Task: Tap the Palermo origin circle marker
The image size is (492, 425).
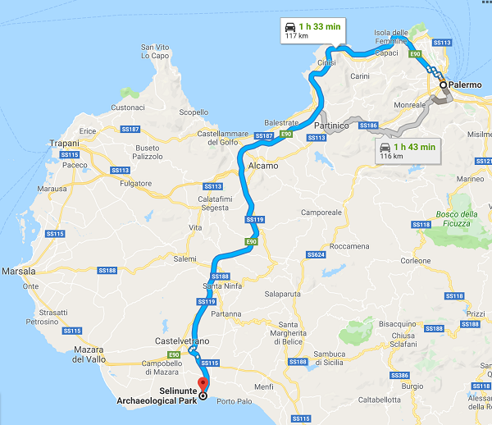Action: tap(443, 85)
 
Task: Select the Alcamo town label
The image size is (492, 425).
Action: tap(262, 166)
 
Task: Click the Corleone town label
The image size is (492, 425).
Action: tap(416, 261)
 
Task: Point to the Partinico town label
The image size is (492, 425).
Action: tap(332, 126)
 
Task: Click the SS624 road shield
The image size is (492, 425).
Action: tap(317, 255)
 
